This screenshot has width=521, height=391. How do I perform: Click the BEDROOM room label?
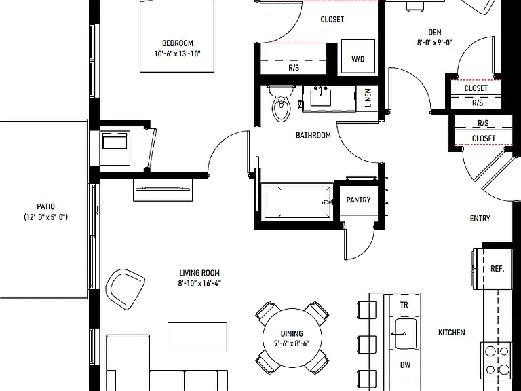point(178,43)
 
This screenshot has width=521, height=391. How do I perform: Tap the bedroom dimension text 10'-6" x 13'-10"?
point(178,54)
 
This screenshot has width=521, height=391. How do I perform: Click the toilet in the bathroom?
point(282,103)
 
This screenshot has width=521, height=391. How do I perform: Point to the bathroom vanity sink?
point(321,97)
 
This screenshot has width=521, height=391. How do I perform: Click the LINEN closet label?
point(368,98)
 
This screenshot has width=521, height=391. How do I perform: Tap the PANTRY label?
point(358,200)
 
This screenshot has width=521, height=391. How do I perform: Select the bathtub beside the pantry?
point(297,202)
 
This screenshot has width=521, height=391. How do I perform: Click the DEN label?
point(435,33)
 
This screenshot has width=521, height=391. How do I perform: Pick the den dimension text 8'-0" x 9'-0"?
point(435,43)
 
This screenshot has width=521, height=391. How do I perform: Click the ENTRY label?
point(480,218)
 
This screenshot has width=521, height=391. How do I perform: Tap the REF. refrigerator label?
point(497,268)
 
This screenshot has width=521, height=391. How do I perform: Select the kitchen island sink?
point(406,333)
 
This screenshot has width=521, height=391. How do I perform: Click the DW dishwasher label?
point(406,365)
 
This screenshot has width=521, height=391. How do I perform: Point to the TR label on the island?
point(404,305)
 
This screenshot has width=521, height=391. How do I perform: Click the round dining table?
point(292,338)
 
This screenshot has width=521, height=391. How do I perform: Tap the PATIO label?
point(46,206)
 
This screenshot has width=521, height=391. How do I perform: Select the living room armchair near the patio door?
point(126,289)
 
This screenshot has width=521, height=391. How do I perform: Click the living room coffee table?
point(197,337)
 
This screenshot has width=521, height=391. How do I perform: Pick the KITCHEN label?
point(452,332)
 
